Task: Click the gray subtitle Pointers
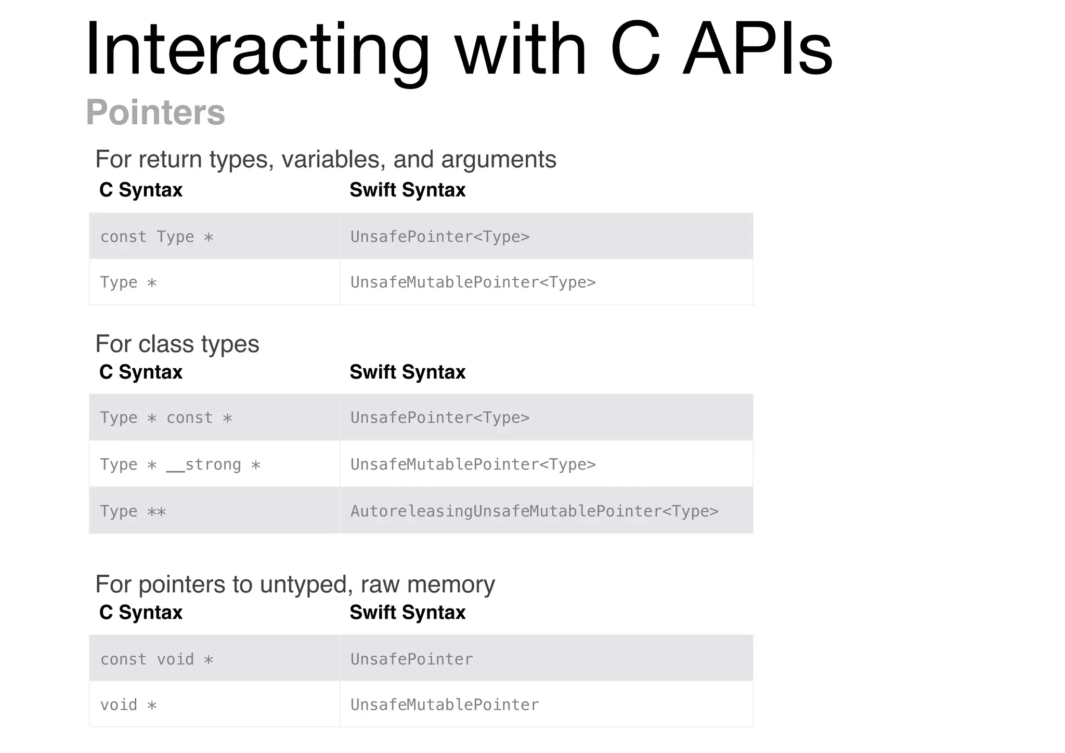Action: pos(155,112)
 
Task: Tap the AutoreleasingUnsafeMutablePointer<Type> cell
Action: pos(535,511)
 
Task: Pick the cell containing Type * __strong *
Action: pos(180,464)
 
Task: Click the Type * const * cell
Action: pos(166,418)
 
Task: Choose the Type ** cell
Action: pos(133,511)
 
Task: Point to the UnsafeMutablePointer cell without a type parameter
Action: pos(445,705)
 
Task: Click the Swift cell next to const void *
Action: pos(412,659)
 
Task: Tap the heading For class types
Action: pos(177,344)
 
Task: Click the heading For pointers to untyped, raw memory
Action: pos(295,585)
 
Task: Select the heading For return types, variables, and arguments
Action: pos(326,159)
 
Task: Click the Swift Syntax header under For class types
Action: pos(407,372)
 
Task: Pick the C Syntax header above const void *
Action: pos(141,613)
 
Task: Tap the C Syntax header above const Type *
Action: pos(141,190)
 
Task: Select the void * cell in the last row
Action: pos(128,705)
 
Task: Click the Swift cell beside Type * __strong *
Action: pos(473,464)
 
